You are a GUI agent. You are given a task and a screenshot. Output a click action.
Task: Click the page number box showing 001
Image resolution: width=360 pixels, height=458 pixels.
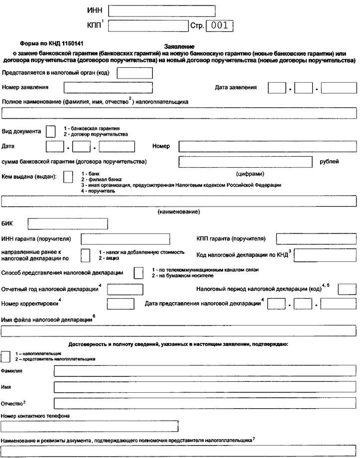(219, 25)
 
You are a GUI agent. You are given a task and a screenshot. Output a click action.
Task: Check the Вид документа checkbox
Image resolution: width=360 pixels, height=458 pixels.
(50, 131)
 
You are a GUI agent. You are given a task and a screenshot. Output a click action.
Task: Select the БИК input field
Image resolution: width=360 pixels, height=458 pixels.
(68, 224)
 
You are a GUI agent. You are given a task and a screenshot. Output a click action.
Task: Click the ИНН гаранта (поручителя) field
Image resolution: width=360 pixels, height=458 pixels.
(125, 239)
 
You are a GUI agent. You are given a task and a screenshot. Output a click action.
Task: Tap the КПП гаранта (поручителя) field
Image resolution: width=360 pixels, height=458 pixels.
(316, 239)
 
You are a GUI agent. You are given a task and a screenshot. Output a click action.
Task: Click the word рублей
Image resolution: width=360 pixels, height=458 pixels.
(329, 161)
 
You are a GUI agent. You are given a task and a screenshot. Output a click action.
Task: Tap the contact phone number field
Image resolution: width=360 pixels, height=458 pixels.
(90, 426)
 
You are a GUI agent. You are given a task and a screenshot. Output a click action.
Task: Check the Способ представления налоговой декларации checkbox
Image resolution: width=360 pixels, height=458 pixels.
(139, 273)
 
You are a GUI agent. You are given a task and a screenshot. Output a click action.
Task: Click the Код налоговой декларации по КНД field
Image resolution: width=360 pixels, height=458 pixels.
(326, 255)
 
